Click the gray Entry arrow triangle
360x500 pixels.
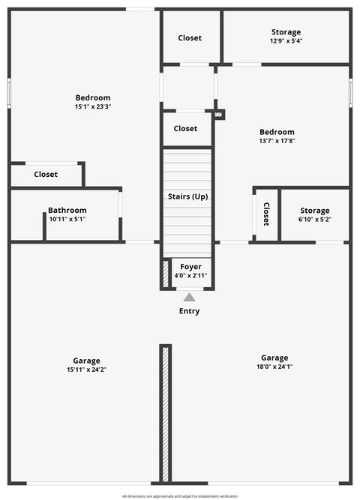pyautogui.click(x=189, y=298)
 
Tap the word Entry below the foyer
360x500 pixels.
pyautogui.click(x=189, y=311)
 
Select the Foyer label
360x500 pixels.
pyautogui.click(x=190, y=267)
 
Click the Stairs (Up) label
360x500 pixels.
pyautogui.click(x=187, y=196)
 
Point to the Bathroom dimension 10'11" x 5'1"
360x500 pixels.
pyautogui.click(x=67, y=220)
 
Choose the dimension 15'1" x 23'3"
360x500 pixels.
pyautogui.click(x=93, y=107)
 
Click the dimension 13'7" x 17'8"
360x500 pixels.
pyautogui.click(x=276, y=141)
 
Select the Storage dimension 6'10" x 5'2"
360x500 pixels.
pyautogui.click(x=314, y=220)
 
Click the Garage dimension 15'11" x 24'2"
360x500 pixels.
pyautogui.click(x=86, y=370)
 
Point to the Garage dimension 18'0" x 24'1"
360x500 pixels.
pyautogui.click(x=274, y=367)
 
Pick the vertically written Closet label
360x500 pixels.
pyautogui.click(x=266, y=214)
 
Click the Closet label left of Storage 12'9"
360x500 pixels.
pyautogui.click(x=190, y=37)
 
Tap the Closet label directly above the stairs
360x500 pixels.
pyautogui.click(x=185, y=128)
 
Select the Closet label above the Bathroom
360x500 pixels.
pyautogui.click(x=46, y=174)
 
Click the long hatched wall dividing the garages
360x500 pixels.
pyautogui.click(x=165, y=414)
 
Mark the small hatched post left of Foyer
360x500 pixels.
pyautogui.click(x=165, y=274)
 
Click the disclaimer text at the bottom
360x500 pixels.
pyautogui.click(x=180, y=496)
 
